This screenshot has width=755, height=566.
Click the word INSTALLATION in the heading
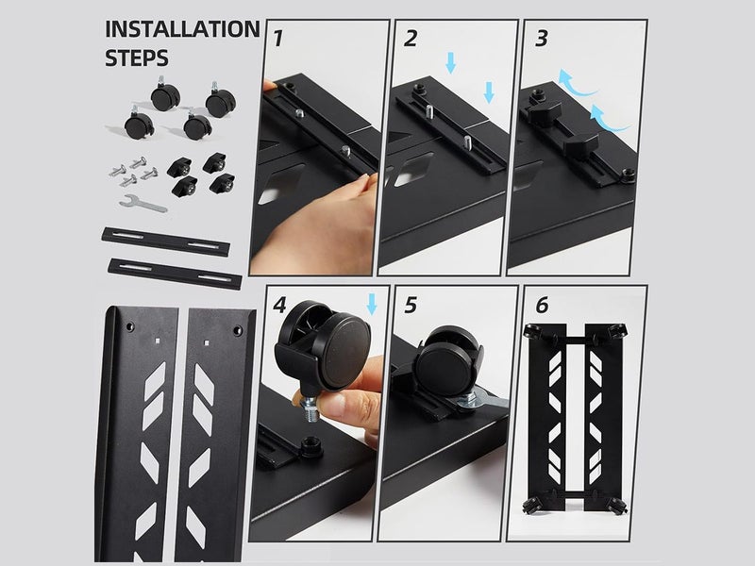pos(182,28)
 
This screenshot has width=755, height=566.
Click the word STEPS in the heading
pos(138,58)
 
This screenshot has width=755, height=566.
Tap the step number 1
pos(279,40)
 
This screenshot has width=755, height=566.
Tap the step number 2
pos(410,40)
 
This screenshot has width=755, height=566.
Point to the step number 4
pos(280,307)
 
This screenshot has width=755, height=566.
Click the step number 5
pos(410,307)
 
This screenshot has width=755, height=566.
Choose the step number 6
pos(540,307)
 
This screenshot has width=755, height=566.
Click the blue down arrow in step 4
pos(372,304)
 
